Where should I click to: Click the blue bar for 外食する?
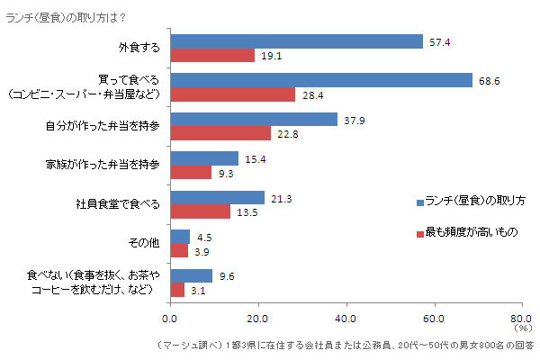[x=296, y=41]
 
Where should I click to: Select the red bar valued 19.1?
[x=212, y=55]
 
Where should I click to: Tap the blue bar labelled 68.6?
[x=321, y=80]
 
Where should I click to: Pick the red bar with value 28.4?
[x=232, y=94]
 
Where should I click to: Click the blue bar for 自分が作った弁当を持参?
[x=254, y=120]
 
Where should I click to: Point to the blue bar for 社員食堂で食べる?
[x=217, y=197]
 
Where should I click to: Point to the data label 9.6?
[x=227, y=276]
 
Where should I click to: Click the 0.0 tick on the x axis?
[x=170, y=318]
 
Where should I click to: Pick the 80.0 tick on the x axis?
[x=520, y=318]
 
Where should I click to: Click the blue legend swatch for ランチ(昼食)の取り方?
[x=419, y=200]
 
